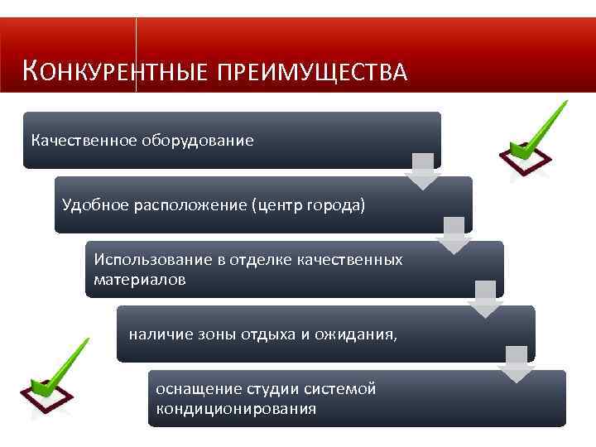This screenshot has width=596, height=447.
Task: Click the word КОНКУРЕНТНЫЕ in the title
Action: (x=116, y=72)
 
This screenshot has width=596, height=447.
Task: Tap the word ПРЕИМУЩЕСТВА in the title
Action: (x=312, y=73)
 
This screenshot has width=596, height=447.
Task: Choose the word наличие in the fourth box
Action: (x=156, y=334)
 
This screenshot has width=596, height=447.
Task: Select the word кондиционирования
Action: (x=235, y=409)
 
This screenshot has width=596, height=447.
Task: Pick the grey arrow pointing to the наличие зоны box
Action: (x=486, y=300)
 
